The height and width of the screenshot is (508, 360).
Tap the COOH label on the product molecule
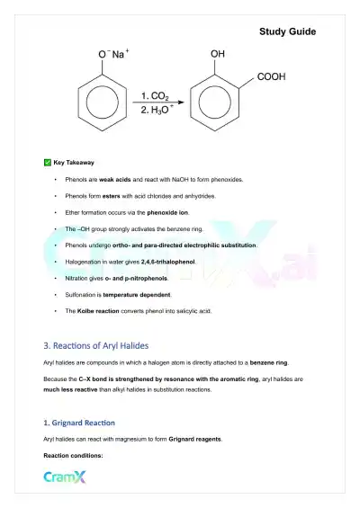pyautogui.click(x=271, y=77)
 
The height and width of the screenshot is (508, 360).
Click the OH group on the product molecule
pyautogui.click(x=217, y=54)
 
